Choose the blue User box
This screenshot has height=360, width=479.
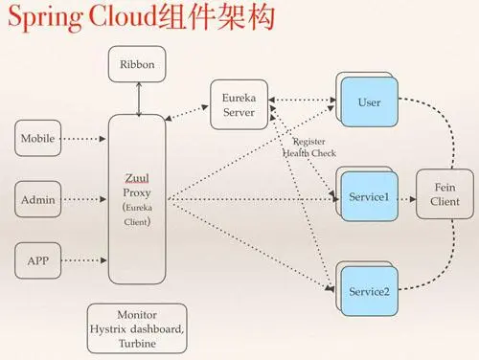[x=368, y=102]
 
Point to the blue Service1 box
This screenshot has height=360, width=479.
[x=368, y=196]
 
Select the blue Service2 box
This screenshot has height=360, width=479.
[x=368, y=290]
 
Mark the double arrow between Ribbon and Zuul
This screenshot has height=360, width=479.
[x=140, y=99]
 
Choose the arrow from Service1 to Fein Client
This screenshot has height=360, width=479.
[x=403, y=201]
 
